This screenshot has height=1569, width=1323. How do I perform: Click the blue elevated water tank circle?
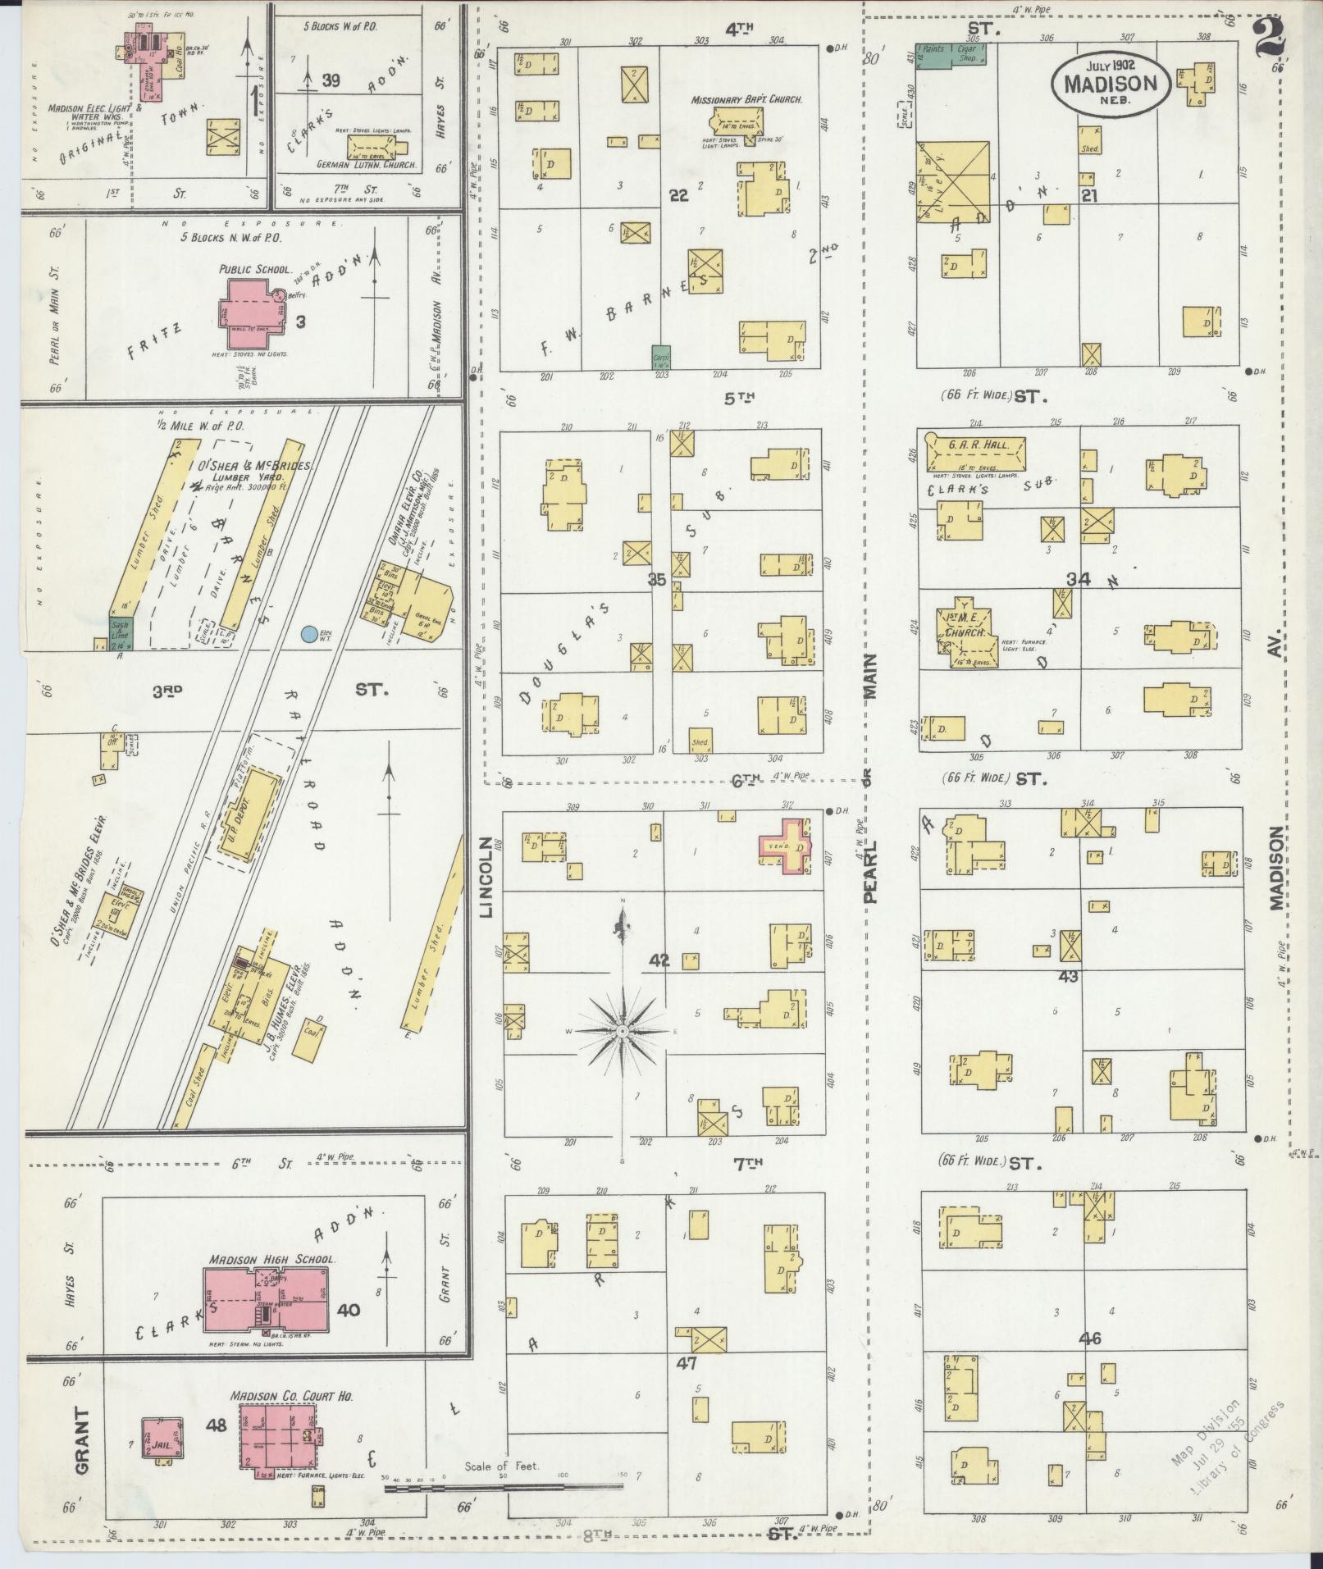[309, 633]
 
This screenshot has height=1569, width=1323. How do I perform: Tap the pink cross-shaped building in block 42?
[786, 846]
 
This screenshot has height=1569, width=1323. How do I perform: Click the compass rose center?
[623, 1029]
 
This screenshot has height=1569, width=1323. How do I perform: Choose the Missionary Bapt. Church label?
[746, 99]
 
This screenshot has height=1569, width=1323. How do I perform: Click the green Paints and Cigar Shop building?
[951, 55]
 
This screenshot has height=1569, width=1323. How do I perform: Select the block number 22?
[677, 195]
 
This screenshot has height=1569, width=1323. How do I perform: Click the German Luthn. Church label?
[368, 165]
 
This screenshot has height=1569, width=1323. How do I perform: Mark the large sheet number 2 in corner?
[1271, 38]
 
